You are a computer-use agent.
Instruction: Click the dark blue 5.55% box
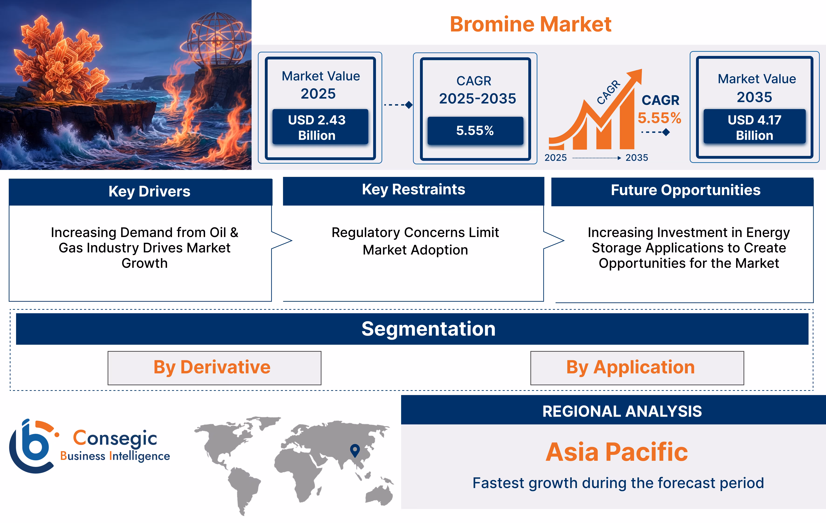475,130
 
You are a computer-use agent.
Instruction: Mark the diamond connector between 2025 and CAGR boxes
409,105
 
